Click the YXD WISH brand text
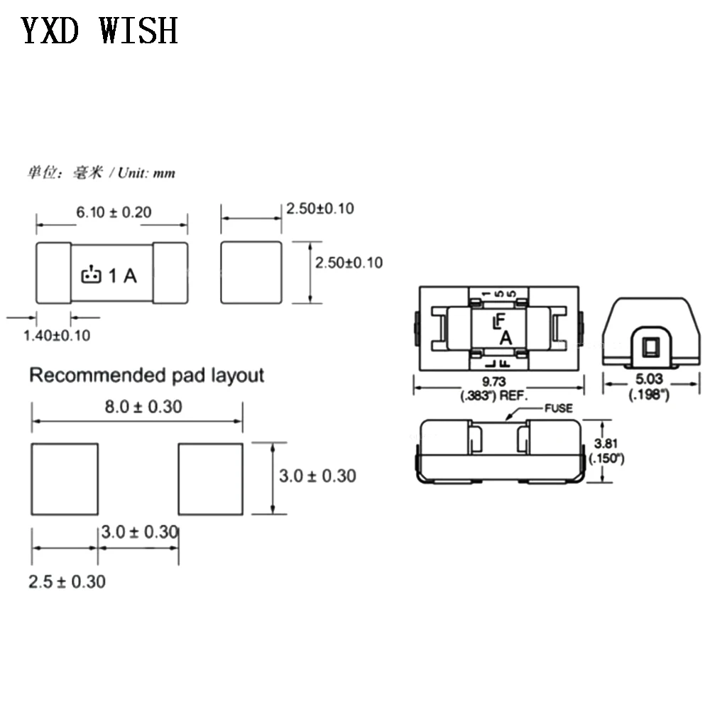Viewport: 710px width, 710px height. point(99,31)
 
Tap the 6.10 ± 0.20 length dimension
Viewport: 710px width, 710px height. point(114,212)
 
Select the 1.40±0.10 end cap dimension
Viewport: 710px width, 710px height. point(57,336)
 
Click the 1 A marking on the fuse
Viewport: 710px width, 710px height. point(123,275)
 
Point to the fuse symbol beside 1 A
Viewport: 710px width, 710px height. point(91,274)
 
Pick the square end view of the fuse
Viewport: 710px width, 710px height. point(251,272)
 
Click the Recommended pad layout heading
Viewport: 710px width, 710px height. point(147,376)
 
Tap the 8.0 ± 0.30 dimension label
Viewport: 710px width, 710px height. point(143,407)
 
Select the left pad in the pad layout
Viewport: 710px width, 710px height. point(65,479)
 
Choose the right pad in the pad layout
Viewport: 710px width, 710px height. point(211,479)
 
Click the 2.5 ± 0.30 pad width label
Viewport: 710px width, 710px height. point(67,582)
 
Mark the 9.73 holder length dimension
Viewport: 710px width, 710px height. point(493,381)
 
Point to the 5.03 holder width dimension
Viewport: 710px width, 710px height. point(649,378)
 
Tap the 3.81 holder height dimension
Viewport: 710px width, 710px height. point(606,443)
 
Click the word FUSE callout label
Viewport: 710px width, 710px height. point(558,408)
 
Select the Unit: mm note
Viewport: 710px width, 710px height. point(146,173)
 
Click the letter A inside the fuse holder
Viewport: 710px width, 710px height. point(506,338)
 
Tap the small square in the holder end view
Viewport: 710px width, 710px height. point(650,347)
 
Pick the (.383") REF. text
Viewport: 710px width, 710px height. point(494,395)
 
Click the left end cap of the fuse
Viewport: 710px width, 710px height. point(53,273)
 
